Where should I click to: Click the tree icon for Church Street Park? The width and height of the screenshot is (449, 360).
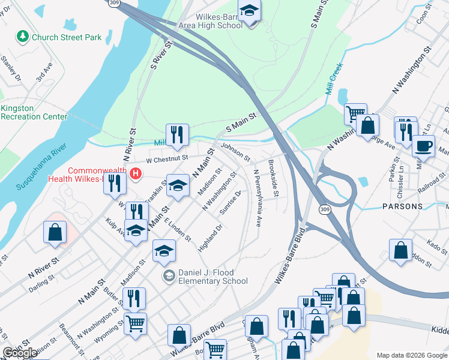[23, 37]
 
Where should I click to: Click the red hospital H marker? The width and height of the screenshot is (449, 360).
[136, 175]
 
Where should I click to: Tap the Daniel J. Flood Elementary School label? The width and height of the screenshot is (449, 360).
[205, 277]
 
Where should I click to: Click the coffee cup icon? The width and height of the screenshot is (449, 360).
[423, 146]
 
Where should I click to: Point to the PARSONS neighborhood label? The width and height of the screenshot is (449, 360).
[402, 206]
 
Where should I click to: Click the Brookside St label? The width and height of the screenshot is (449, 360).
[273, 178]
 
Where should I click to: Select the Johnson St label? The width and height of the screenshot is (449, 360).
[235, 151]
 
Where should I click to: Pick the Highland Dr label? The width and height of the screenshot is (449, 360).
[215, 235]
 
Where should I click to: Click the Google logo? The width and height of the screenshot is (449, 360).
[20, 353]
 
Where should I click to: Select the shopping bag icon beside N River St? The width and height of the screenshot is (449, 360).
[55, 233]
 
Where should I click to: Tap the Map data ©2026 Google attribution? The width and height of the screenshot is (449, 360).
[411, 355]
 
